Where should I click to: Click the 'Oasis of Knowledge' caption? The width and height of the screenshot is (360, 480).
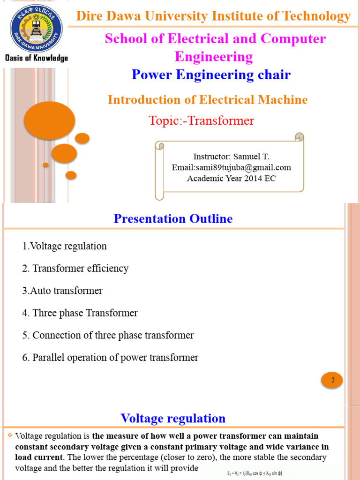pyautogui.click(x=37, y=58)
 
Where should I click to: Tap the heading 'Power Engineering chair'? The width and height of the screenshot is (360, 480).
pyautogui.click(x=211, y=75)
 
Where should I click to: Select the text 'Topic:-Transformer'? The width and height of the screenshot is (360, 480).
pyautogui.click(x=201, y=120)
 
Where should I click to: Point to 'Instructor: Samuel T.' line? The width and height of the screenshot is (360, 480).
pyautogui.click(x=231, y=157)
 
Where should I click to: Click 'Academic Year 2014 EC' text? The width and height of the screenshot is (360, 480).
pyautogui.click(x=231, y=178)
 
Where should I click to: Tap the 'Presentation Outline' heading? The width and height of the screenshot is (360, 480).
pyautogui.click(x=173, y=218)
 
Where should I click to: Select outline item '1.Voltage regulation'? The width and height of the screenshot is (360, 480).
pyautogui.click(x=64, y=246)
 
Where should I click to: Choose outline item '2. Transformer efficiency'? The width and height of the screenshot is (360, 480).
pyautogui.click(x=75, y=269)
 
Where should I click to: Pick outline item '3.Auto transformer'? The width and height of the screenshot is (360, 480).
pyautogui.click(x=62, y=291)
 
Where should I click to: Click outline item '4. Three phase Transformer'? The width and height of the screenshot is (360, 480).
pyautogui.click(x=80, y=313)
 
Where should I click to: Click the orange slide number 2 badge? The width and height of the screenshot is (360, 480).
pyautogui.click(x=332, y=380)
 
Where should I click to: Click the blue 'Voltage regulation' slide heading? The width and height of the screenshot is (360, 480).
pyautogui.click(x=173, y=418)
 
